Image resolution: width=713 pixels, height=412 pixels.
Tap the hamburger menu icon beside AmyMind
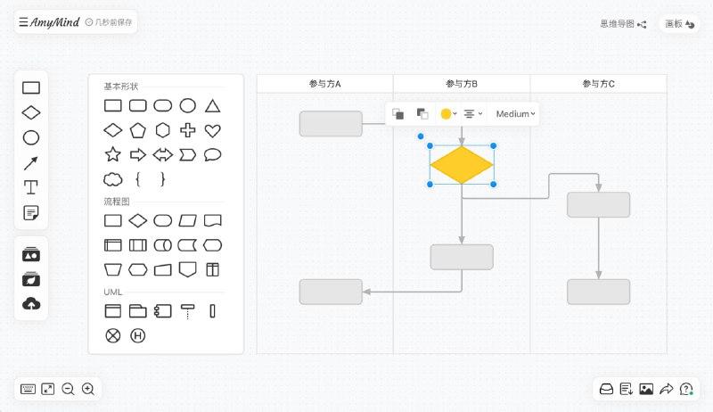click(x=23, y=21)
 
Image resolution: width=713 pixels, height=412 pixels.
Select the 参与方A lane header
click(x=325, y=84)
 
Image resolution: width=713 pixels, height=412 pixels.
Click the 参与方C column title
click(x=598, y=84)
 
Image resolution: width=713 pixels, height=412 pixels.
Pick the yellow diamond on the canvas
click(x=462, y=165)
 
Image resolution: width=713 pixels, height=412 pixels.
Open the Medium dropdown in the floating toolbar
click(x=516, y=114)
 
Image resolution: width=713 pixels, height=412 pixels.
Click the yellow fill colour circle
click(x=447, y=114)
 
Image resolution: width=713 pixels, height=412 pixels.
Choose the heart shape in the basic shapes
click(x=212, y=130)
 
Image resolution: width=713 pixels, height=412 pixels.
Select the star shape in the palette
click(x=113, y=154)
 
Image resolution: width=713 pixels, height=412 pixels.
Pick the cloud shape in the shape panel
click(x=113, y=178)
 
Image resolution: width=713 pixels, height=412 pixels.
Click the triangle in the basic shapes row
click(x=212, y=106)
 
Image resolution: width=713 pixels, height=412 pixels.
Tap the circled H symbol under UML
click(x=138, y=335)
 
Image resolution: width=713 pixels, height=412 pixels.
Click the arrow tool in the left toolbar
click(x=31, y=162)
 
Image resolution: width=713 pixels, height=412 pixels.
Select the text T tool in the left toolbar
click(x=31, y=187)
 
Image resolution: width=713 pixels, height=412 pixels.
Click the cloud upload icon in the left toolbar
click(x=31, y=304)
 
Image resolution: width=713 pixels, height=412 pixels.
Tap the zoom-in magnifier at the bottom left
click(x=88, y=389)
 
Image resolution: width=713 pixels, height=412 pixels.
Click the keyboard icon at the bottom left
click(x=29, y=389)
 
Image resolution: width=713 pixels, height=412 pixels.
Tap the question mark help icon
click(x=686, y=389)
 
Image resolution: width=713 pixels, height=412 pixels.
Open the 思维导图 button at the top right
click(x=622, y=24)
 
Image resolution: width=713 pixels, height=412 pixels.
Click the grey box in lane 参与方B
click(x=462, y=257)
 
